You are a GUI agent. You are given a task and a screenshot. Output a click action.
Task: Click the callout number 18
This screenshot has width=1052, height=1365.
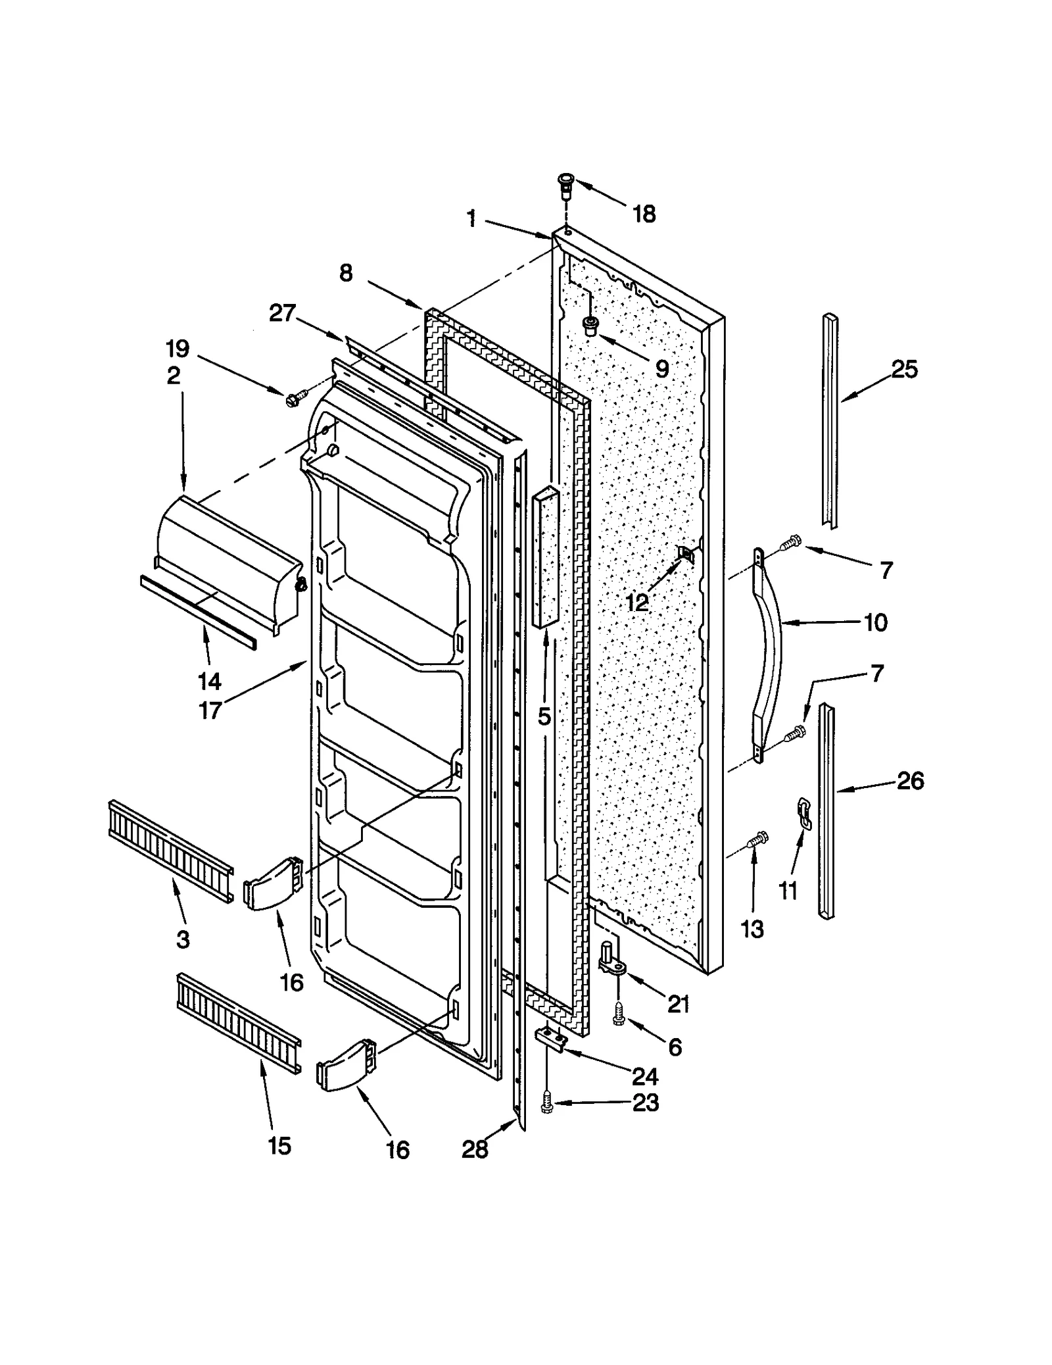[x=644, y=214]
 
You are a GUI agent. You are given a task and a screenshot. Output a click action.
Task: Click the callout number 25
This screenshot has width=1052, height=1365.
[x=904, y=370]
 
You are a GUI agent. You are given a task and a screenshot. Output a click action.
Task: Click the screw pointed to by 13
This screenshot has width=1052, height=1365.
[x=757, y=840]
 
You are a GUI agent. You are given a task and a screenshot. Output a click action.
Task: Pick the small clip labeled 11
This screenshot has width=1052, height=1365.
[x=803, y=813]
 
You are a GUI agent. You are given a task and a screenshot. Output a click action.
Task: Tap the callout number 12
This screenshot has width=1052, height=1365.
[x=636, y=602]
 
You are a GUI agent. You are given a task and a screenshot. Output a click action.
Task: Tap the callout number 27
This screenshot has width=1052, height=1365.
[x=283, y=313]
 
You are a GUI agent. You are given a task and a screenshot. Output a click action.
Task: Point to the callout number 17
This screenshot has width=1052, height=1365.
[x=210, y=710]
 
